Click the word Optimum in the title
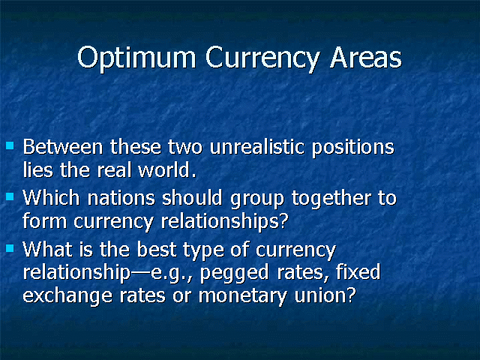coord(136,58)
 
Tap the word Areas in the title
coord(366,58)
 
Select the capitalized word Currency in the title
coord(262,58)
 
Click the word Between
coord(63,147)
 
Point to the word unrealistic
coord(257,147)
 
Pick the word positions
coord(353,148)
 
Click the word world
coord(166,170)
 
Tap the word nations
coord(121,198)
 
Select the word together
coord(331,199)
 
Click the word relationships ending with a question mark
coord(224,221)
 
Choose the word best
coord(157,250)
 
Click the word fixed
coord(358,271)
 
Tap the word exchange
coord(67,296)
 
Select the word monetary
coord(243,296)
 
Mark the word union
coord(325,295)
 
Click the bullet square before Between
coord(10,145)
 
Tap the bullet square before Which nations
coord(10,196)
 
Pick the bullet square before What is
coord(10,247)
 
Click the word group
coord(257,199)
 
